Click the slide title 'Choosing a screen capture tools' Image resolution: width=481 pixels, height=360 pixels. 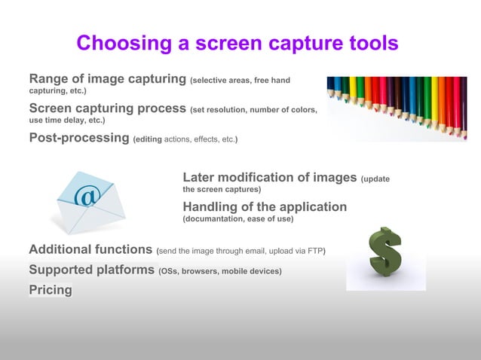237,44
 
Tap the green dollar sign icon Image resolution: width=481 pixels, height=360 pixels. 385,252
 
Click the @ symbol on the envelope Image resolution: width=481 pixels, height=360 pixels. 87,197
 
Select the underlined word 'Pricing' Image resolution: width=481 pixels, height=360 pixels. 51,290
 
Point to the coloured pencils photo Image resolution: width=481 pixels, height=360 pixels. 397,105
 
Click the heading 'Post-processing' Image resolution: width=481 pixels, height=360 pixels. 78,138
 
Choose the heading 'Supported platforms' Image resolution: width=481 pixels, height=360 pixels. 91,270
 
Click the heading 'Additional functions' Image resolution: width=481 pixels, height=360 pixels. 90,250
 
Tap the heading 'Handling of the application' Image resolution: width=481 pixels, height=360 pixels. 265,207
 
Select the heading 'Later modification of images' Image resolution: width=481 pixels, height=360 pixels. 270,178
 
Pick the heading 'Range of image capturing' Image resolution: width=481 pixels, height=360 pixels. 108,79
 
